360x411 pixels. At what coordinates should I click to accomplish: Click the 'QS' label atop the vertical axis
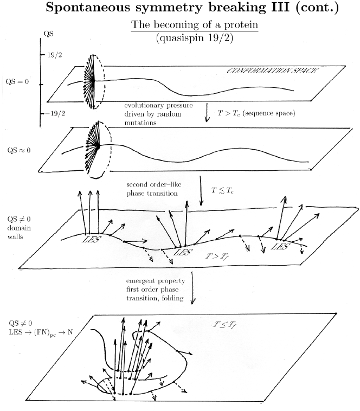[x=47, y=34]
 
